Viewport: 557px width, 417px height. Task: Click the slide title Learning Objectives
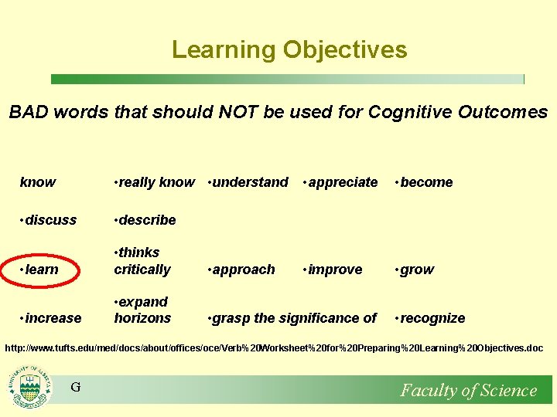pyautogui.click(x=289, y=49)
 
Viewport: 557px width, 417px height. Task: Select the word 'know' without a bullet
pyautogui.click(x=38, y=183)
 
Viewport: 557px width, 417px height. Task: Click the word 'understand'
pyautogui.click(x=250, y=182)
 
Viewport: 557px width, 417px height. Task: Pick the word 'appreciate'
pyautogui.click(x=343, y=182)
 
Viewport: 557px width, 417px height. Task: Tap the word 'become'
pyautogui.click(x=426, y=182)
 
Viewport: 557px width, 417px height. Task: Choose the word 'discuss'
pyautogui.click(x=51, y=220)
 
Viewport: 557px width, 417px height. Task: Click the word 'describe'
pyautogui.click(x=147, y=220)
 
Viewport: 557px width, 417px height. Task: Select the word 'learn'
pyautogui.click(x=42, y=270)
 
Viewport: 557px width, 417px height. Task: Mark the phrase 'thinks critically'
pyautogui.click(x=142, y=261)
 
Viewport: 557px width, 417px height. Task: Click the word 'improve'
pyautogui.click(x=335, y=270)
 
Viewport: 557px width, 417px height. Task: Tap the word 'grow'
pyautogui.click(x=417, y=270)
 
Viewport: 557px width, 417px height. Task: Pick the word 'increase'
pyautogui.click(x=53, y=318)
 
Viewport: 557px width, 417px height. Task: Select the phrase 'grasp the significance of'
pyautogui.click(x=294, y=318)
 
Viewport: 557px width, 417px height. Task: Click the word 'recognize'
pyautogui.click(x=432, y=318)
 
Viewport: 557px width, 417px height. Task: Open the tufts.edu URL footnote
pyautogui.click(x=274, y=348)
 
